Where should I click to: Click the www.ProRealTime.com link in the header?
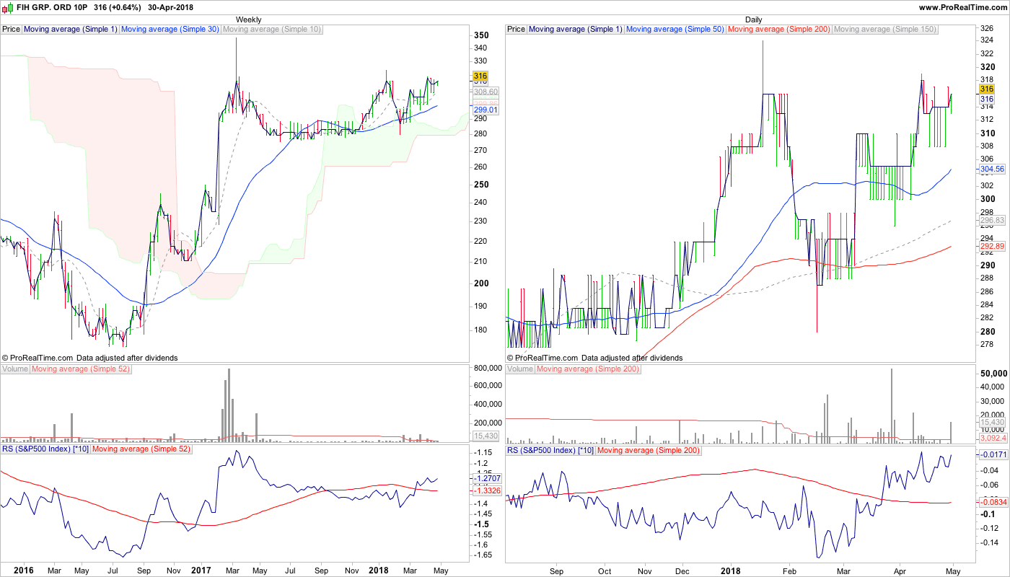[963, 7]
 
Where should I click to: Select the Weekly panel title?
[249, 19]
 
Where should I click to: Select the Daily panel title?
[754, 19]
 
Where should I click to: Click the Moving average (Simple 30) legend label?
[170, 30]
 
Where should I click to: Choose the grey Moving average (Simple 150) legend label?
[884, 30]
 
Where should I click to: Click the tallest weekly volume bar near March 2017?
[229, 404]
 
